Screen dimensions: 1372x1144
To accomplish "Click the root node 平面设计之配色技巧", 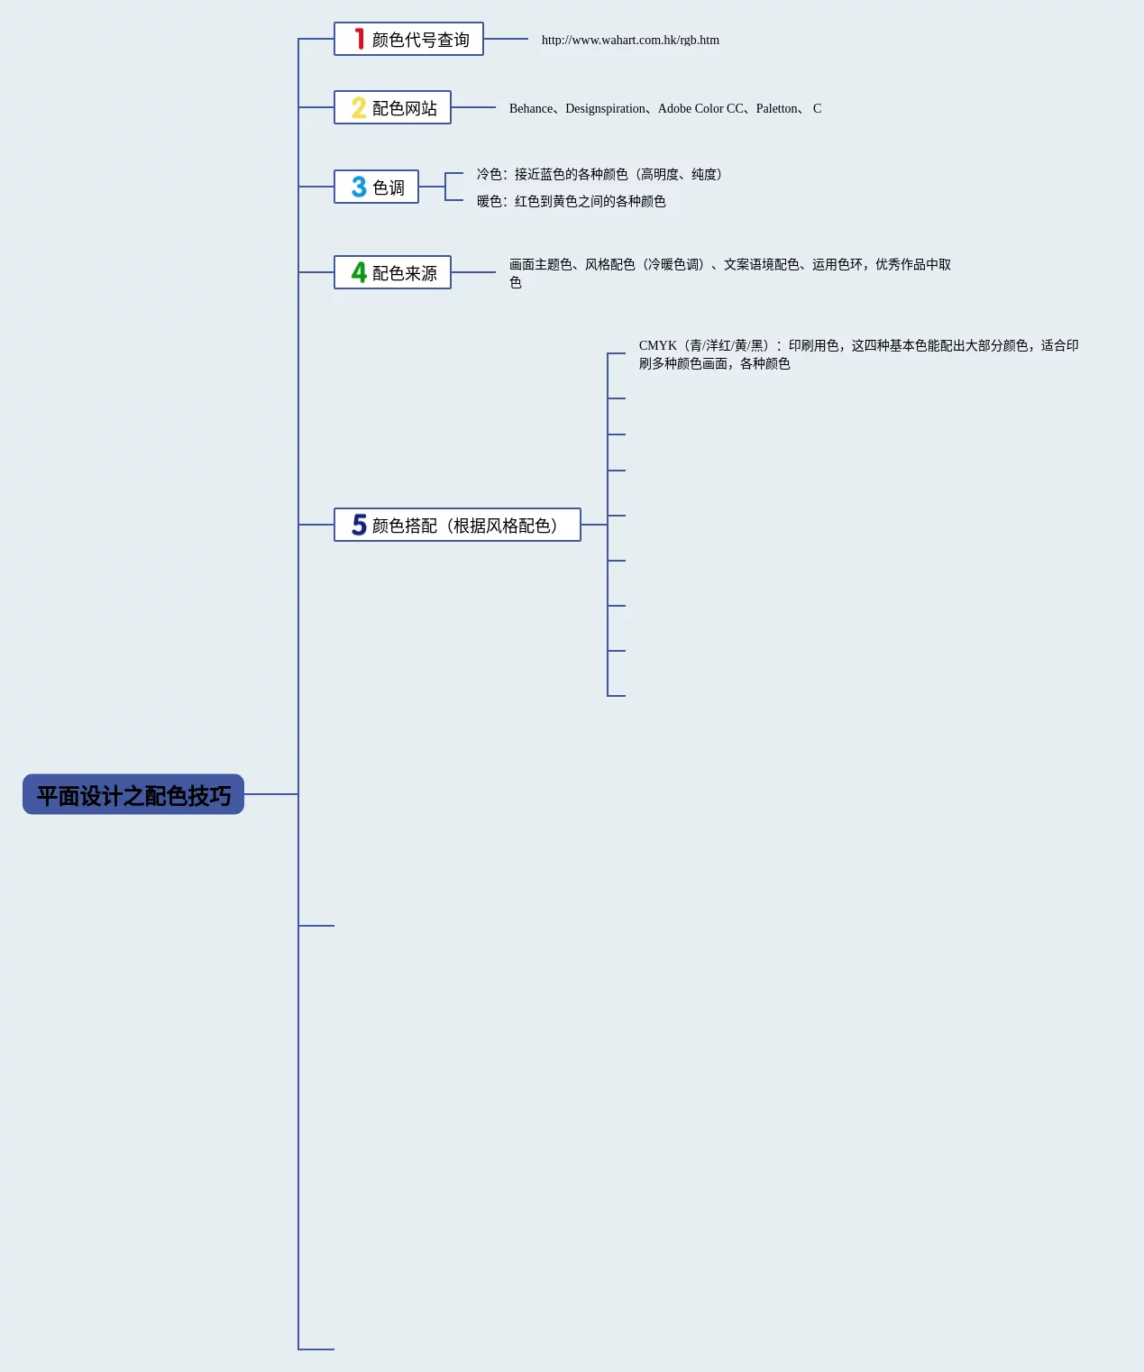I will [133, 794].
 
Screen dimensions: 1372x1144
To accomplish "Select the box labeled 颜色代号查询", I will [408, 39].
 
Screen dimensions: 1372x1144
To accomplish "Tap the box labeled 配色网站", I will [392, 107].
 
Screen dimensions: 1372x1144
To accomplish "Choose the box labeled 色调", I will [376, 187].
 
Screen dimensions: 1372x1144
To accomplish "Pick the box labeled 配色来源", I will [392, 272].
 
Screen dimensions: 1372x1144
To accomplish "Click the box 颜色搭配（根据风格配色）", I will [457, 525].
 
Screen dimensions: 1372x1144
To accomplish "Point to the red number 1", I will [359, 39].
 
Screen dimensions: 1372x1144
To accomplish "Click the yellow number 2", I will [359, 108].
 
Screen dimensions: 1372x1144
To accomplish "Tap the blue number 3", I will [359, 187].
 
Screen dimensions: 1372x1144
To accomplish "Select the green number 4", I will [359, 272].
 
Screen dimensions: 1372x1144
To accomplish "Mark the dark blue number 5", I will [359, 525].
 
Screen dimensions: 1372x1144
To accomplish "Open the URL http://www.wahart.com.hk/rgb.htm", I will [630, 40].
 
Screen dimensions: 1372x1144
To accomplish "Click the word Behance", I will [531, 108].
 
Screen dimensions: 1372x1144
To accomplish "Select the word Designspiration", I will [605, 108].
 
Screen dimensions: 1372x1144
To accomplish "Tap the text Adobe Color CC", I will [700, 108].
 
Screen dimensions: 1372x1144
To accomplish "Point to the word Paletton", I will [777, 108].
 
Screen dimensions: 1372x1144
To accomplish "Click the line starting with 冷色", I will [599, 174].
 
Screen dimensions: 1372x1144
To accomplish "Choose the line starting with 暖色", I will [571, 201].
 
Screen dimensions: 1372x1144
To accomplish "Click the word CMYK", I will [657, 345].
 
